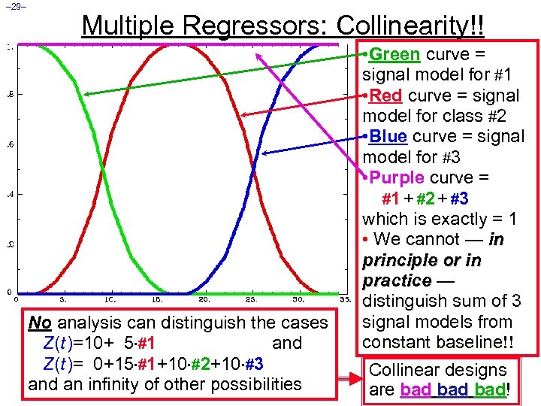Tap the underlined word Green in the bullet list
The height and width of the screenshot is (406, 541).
coord(395,55)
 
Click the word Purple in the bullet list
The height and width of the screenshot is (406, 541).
coord(397,178)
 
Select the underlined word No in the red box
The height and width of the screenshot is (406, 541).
coord(40,323)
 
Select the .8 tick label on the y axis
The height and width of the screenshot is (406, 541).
coord(8,94)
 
